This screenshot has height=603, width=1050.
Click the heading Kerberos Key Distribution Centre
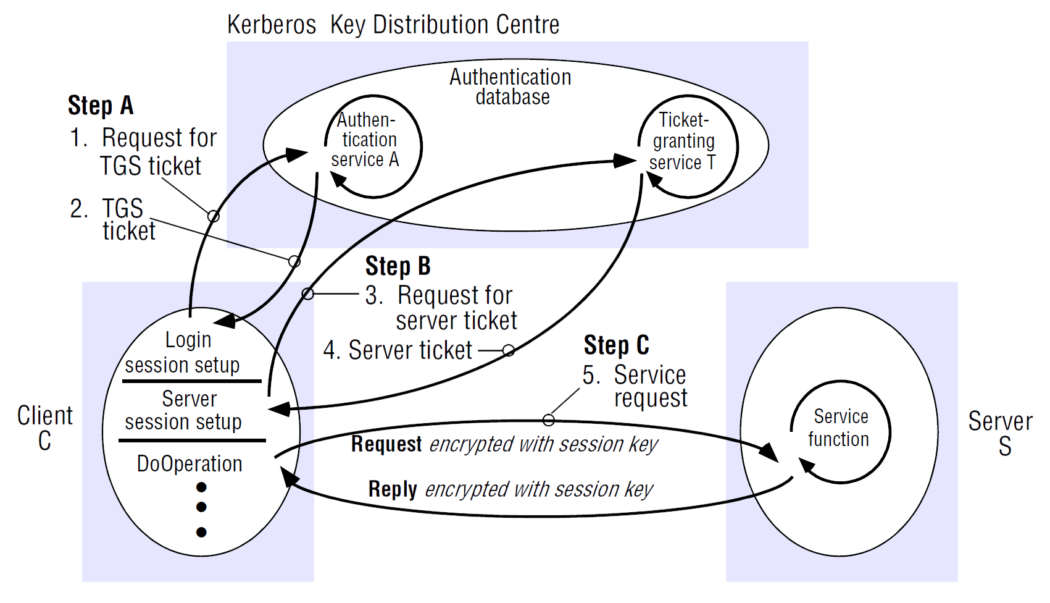tap(393, 25)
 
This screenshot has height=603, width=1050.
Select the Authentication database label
tap(510, 87)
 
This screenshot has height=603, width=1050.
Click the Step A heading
tap(100, 106)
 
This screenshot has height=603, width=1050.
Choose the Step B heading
tap(398, 266)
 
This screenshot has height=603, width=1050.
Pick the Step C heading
tap(616, 345)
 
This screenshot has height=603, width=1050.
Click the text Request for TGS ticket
tap(151, 152)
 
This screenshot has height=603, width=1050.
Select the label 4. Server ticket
tap(398, 350)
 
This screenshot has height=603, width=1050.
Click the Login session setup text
tap(183, 353)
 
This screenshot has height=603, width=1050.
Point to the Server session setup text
tap(184, 410)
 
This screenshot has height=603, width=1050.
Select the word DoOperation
tap(190, 464)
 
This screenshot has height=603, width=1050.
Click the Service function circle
tap(839, 428)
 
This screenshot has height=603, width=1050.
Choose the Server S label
tap(1001, 433)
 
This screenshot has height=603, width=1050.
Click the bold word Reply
tap(393, 489)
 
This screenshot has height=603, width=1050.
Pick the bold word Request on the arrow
tap(386, 444)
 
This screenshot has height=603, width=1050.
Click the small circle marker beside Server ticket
tap(509, 351)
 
